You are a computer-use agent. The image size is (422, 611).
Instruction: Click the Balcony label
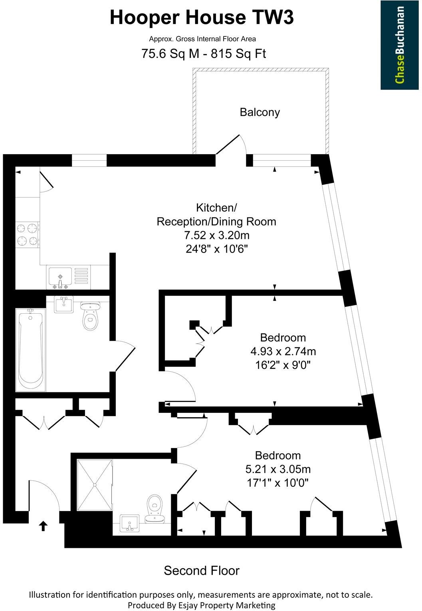coord(260,112)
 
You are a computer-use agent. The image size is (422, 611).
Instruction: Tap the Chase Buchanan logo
coord(400,45)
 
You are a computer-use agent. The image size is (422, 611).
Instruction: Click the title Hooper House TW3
coord(202,18)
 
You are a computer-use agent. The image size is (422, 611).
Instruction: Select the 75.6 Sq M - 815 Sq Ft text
coord(204,54)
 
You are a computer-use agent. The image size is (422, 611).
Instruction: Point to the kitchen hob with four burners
coord(27,235)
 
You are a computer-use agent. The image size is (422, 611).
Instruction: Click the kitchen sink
coord(60,277)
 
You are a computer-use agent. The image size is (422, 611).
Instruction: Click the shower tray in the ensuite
coord(95,485)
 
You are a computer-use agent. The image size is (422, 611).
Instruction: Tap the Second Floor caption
coord(202,571)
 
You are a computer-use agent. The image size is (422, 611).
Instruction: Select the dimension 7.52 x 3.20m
coord(217,235)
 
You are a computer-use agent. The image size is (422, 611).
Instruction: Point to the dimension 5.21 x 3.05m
coord(278,469)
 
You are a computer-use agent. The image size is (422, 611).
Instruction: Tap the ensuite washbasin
coord(129,523)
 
